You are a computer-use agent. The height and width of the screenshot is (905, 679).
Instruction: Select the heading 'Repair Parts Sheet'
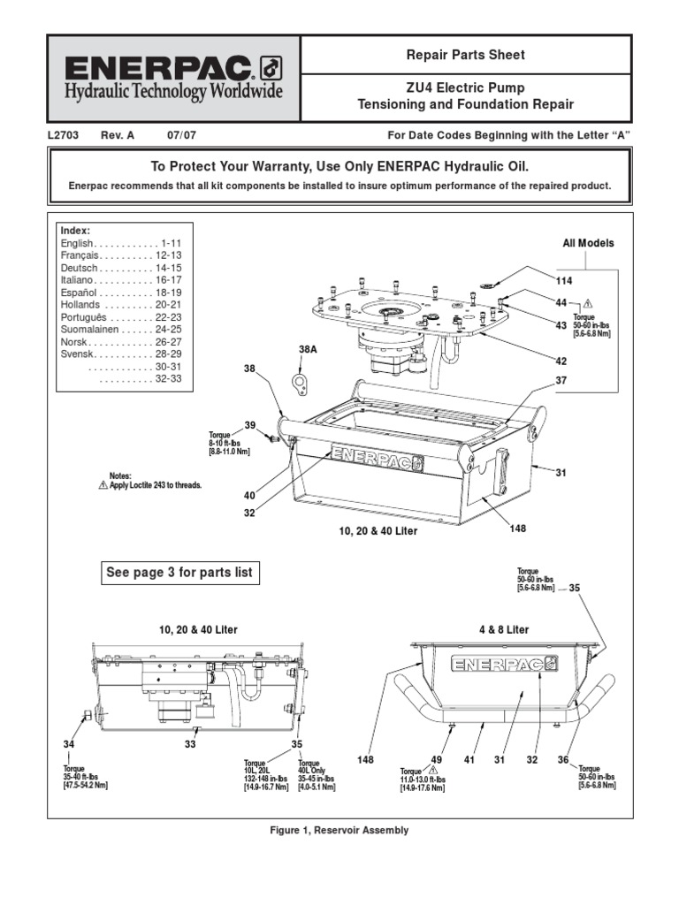tap(465, 55)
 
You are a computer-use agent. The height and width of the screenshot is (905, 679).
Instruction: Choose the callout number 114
tap(564, 281)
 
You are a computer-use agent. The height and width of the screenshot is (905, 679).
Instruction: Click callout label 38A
tap(308, 350)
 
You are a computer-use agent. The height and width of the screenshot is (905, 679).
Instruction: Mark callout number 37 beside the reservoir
tap(561, 381)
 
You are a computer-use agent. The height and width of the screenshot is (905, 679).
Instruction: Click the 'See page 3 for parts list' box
tap(179, 573)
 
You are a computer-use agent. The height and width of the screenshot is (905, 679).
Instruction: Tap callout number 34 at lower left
tap(69, 744)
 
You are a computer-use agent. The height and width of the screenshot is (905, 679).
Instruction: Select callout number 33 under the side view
tap(190, 744)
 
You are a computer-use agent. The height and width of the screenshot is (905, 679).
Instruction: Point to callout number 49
tap(436, 759)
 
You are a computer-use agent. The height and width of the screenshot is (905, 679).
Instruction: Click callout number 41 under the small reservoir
tap(470, 759)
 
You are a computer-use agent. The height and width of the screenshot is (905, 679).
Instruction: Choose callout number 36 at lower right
tap(562, 759)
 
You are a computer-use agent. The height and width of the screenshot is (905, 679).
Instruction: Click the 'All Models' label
tap(588, 243)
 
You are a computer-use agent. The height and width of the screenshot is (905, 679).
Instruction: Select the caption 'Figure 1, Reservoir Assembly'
tap(339, 830)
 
